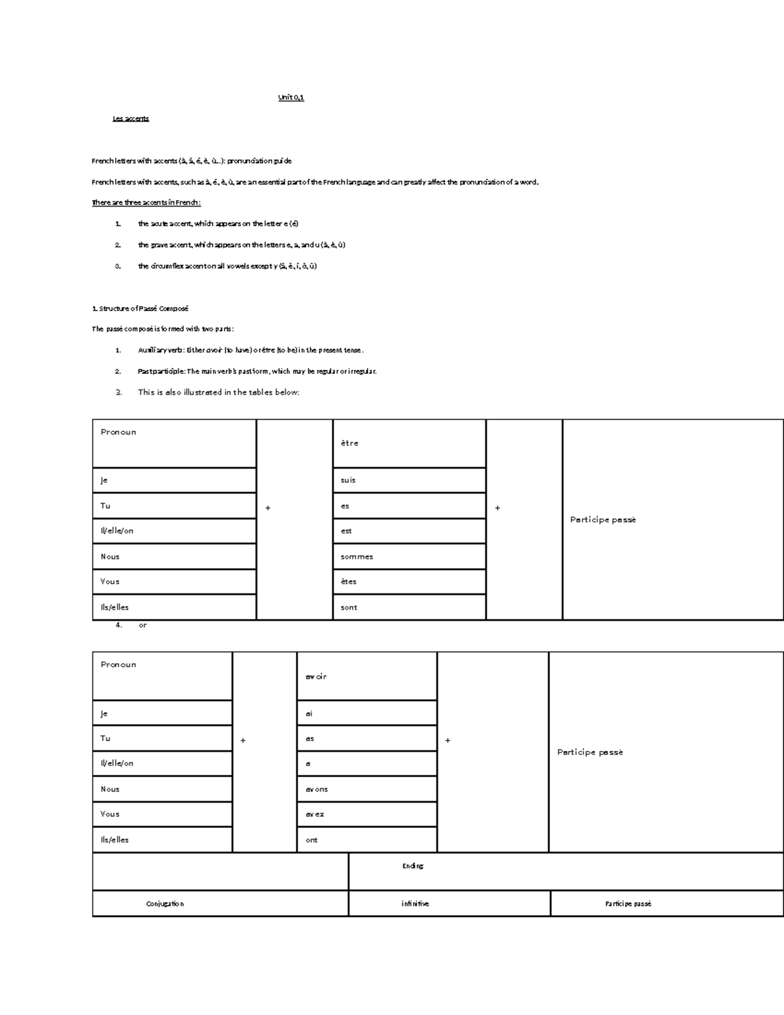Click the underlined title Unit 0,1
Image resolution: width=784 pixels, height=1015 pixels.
tap(291, 97)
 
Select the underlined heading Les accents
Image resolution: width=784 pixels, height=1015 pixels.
tap(131, 118)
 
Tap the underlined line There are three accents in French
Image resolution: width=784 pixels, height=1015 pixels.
tap(146, 203)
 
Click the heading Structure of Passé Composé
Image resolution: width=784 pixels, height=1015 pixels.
tap(140, 308)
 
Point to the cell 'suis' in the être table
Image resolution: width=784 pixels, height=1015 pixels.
tap(348, 480)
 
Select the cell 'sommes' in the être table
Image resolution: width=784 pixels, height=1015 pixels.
tap(357, 557)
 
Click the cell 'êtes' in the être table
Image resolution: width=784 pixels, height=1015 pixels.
tap(348, 582)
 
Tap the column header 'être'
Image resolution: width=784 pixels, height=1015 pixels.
tap(350, 443)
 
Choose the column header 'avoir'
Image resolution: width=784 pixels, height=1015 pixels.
tap(316, 676)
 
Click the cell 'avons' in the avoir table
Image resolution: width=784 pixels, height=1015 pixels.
tap(317, 790)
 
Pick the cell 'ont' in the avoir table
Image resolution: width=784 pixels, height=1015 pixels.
tap(312, 840)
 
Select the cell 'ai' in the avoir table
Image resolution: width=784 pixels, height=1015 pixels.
tap(309, 714)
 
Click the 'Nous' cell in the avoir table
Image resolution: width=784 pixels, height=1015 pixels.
tap(110, 790)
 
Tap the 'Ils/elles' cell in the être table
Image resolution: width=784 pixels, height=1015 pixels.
tap(114, 607)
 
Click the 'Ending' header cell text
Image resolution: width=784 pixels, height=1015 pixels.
tap(413, 866)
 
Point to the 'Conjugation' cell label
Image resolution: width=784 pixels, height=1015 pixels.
tap(165, 904)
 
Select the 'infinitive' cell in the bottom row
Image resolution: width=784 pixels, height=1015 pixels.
tap(415, 904)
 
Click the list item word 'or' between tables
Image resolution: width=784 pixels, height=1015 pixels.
tap(142, 625)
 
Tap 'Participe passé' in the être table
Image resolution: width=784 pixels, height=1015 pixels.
tap(602, 520)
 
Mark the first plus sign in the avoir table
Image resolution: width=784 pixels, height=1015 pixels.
tap(243, 740)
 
